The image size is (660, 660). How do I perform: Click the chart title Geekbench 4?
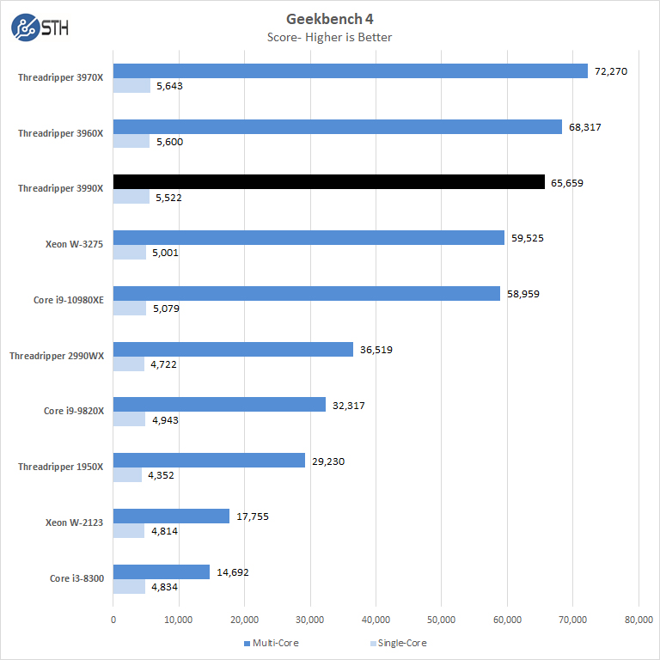click(330, 19)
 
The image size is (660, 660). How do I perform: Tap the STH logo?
click(40, 27)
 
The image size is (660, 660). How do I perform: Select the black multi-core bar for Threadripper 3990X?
click(329, 182)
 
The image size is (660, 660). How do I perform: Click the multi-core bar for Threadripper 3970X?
click(351, 71)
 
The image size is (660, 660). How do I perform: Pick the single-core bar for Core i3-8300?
click(129, 587)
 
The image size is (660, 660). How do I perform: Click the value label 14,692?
click(233, 572)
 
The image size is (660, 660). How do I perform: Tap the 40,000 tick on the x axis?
click(376, 620)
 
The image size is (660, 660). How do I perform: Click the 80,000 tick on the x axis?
click(638, 620)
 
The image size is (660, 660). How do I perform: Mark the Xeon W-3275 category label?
click(74, 244)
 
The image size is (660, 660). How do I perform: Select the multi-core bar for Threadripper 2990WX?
click(233, 350)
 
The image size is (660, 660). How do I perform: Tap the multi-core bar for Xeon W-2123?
click(172, 516)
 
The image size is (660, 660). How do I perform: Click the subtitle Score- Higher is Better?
click(330, 37)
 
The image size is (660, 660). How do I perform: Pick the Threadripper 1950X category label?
click(60, 467)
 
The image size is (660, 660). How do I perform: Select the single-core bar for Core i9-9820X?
click(130, 419)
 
